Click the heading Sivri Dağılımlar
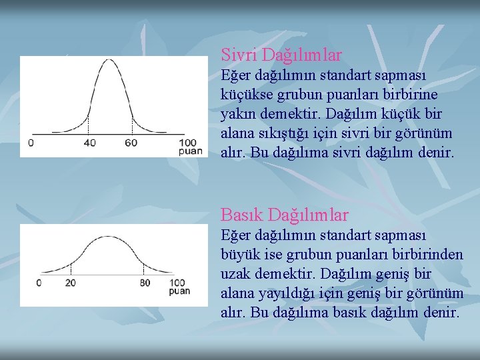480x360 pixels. [281, 54]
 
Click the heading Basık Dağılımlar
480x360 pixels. [284, 215]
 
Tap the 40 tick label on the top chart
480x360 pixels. [90, 143]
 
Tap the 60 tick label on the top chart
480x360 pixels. [131, 143]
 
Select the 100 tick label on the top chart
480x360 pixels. [188, 143]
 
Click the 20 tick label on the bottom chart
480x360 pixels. [70, 282]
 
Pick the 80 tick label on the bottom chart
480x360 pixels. [144, 282]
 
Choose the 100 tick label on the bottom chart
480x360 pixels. [178, 282]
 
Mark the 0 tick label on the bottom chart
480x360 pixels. [39, 282]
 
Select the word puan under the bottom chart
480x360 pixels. [179, 291]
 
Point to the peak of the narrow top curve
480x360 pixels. [110, 61]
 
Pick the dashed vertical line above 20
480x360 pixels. [70, 269]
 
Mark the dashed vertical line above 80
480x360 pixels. [144, 269]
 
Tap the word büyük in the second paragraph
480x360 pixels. [239, 255]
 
